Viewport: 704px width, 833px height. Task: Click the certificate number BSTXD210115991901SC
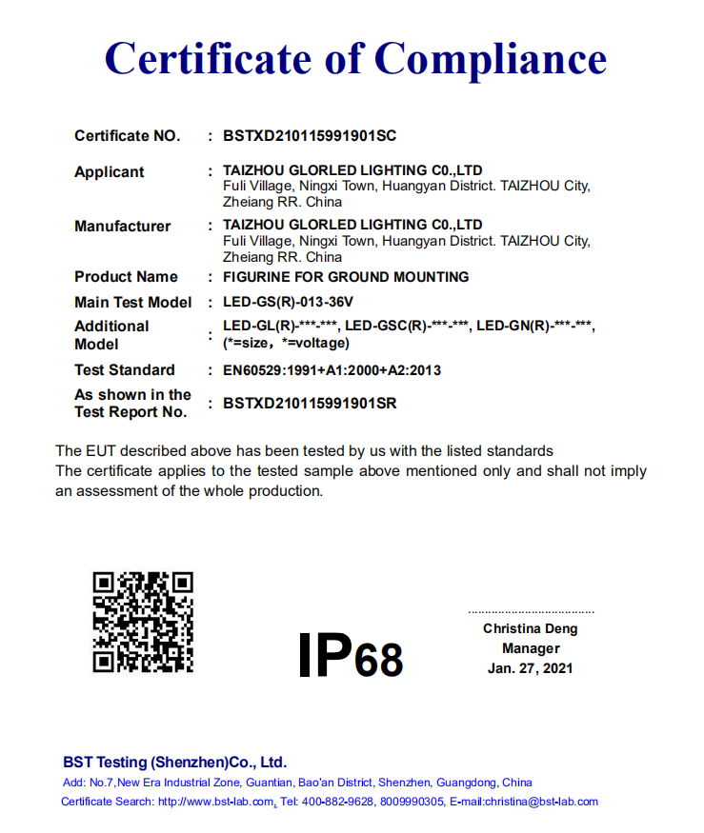click(310, 136)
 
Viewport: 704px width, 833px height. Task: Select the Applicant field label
click(110, 172)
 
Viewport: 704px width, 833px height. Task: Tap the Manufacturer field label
click(123, 227)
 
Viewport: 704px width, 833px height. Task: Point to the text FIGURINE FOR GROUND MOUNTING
click(346, 277)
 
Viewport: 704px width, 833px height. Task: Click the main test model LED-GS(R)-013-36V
click(288, 303)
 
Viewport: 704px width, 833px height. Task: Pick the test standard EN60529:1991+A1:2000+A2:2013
click(332, 370)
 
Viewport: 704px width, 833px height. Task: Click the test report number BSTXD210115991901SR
click(310, 404)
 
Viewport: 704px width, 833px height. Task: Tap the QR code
click(143, 622)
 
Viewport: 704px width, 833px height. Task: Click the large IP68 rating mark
click(351, 656)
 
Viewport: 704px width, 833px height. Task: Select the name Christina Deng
click(531, 628)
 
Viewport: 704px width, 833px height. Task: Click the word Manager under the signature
click(531, 648)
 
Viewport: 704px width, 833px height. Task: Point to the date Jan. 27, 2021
click(531, 668)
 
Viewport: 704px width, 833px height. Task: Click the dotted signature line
click(531, 612)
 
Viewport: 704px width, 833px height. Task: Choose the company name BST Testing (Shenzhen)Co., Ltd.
click(174, 763)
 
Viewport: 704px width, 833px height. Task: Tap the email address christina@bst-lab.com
click(541, 802)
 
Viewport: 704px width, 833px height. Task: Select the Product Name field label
click(126, 277)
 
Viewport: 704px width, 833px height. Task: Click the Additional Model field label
click(111, 334)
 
